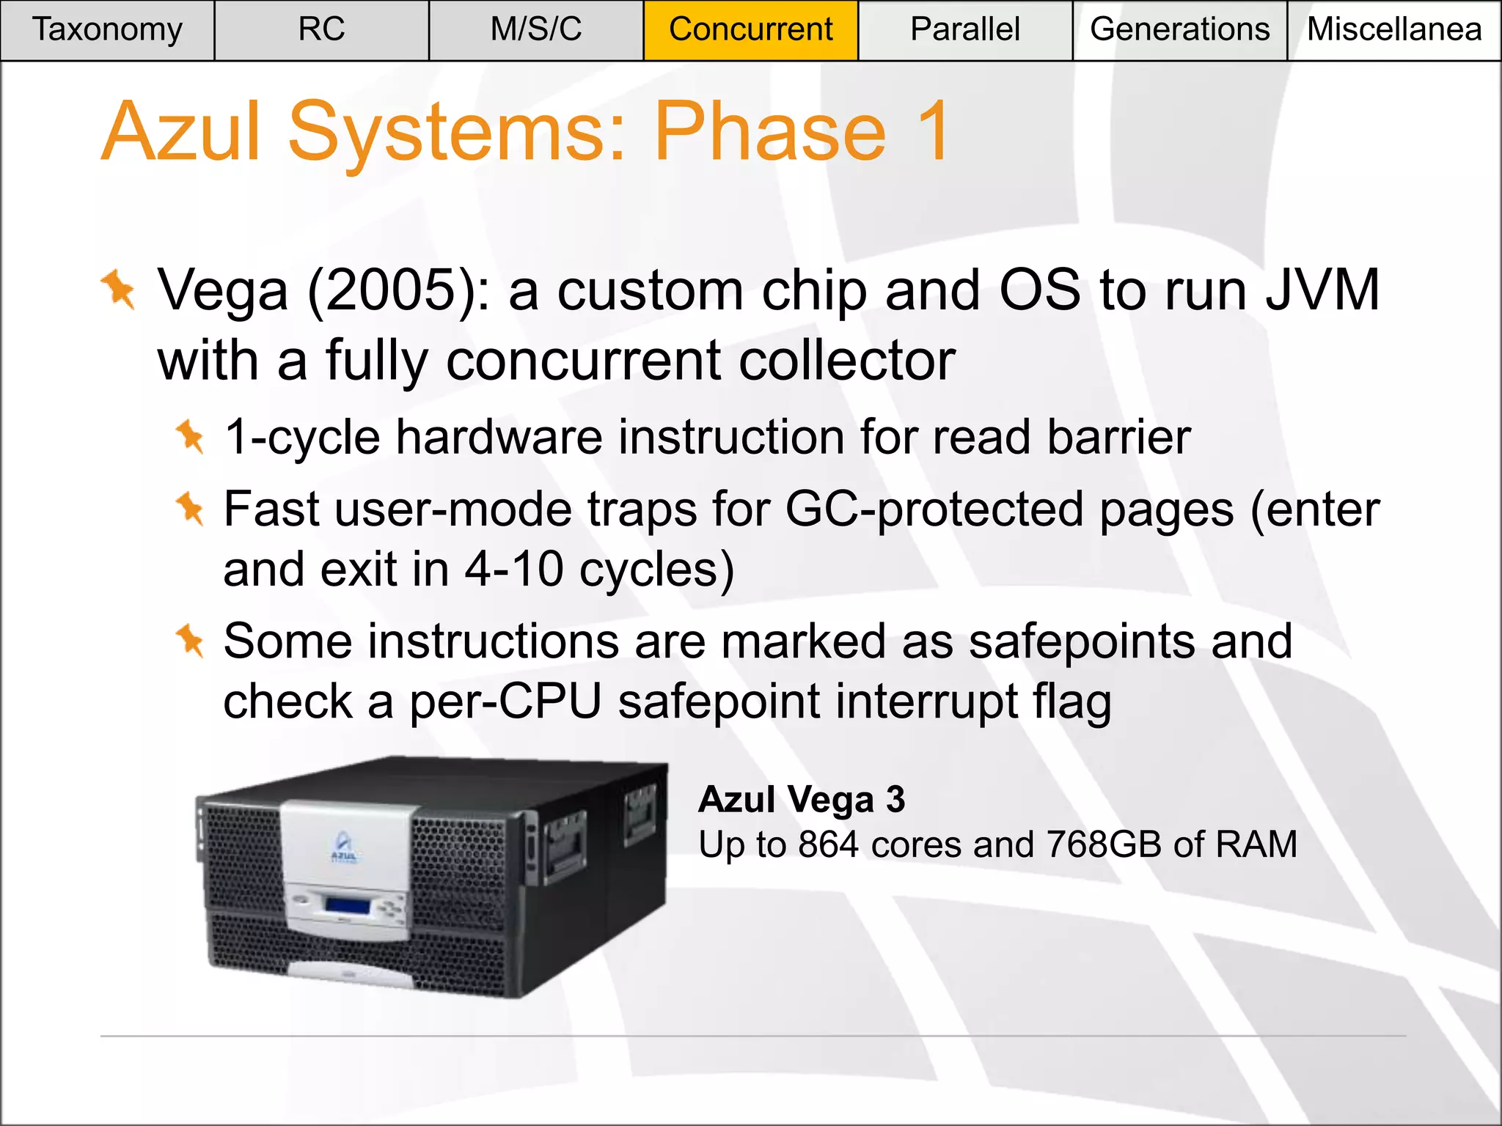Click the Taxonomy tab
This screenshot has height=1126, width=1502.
click(107, 30)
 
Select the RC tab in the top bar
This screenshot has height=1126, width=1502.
click(321, 30)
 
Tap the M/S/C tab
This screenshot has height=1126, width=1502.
click(536, 30)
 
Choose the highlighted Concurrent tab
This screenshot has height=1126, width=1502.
click(750, 30)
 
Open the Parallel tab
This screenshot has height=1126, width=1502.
click(964, 30)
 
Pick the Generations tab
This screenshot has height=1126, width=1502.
click(1179, 30)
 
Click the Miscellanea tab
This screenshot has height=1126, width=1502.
click(1394, 30)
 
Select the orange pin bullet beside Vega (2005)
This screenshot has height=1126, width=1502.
click(119, 290)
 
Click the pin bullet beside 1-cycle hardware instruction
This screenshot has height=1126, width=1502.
click(190, 436)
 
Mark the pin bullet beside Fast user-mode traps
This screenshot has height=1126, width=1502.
click(190, 508)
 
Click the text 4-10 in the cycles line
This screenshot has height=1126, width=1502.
click(513, 570)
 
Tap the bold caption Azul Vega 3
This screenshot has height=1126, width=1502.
click(802, 799)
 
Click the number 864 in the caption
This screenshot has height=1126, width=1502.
click(828, 844)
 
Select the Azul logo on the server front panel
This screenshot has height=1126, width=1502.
click(343, 849)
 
